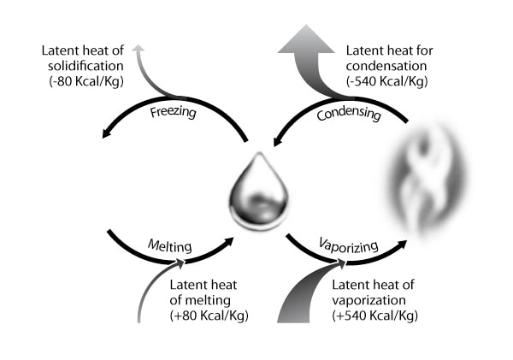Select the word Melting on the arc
tap(168, 247)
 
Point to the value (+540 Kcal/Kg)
tap(373, 316)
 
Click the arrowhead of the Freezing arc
tap(106, 133)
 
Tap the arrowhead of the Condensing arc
tap(279, 137)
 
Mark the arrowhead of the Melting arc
tap(228, 243)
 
